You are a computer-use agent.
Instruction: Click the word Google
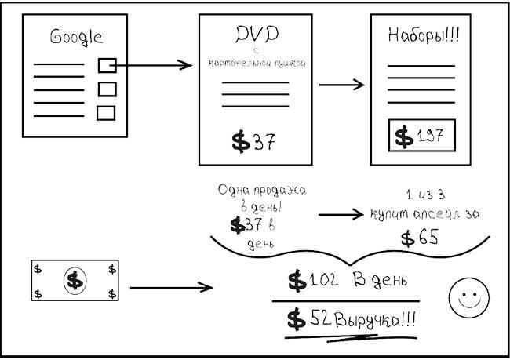tap(76, 36)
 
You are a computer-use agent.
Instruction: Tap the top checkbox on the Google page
tap(107, 65)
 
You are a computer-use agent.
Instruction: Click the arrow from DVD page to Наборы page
tap(342, 85)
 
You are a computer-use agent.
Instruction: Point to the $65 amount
tap(419, 238)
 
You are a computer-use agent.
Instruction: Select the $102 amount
tap(311, 280)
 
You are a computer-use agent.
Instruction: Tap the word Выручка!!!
tap(376, 321)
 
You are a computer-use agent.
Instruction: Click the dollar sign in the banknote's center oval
tap(75, 279)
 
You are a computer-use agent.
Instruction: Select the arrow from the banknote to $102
tap(171, 288)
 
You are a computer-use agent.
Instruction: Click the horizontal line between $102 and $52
tap(345, 300)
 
